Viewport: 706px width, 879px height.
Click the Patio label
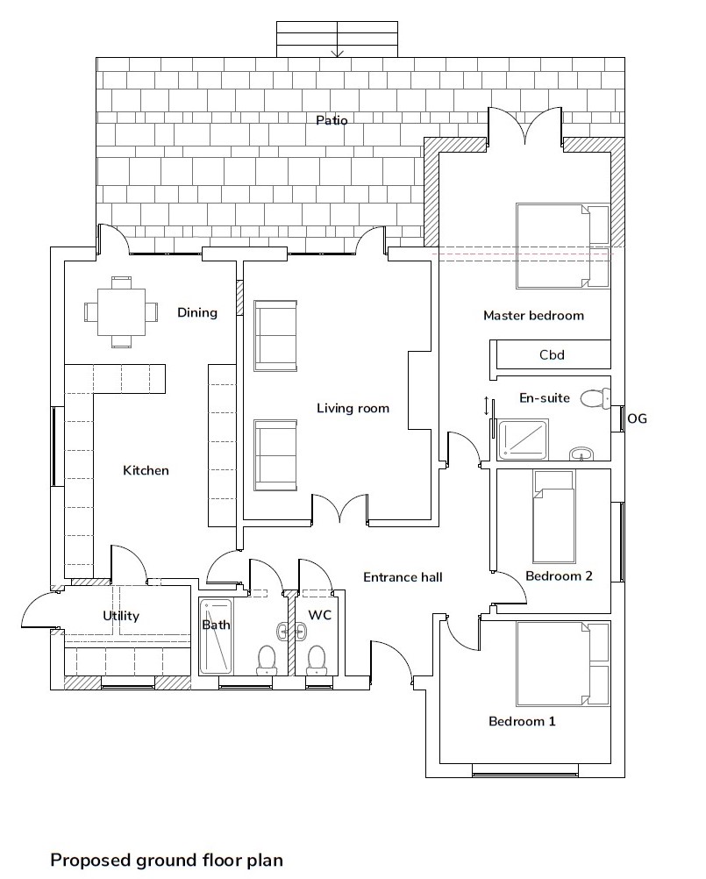tap(332, 120)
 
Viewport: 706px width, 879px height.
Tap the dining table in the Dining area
tap(121, 311)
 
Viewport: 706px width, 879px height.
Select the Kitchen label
tap(146, 470)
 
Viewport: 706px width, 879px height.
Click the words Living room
tap(353, 408)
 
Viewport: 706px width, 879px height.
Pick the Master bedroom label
tap(533, 316)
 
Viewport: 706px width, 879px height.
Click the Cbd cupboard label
tap(552, 355)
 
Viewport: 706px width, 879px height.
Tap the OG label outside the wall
tap(637, 418)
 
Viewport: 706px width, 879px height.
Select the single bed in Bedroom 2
tap(554, 517)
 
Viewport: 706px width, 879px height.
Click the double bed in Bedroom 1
tap(562, 663)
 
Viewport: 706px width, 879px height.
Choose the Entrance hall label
tap(403, 577)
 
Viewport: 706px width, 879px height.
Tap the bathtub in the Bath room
tap(216, 636)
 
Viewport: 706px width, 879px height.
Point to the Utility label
tap(121, 616)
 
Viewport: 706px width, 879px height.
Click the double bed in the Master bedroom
tap(562, 247)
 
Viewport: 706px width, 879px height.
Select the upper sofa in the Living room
tap(275, 336)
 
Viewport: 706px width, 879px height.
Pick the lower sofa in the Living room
tap(275, 455)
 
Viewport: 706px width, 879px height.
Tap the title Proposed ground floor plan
tap(167, 860)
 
